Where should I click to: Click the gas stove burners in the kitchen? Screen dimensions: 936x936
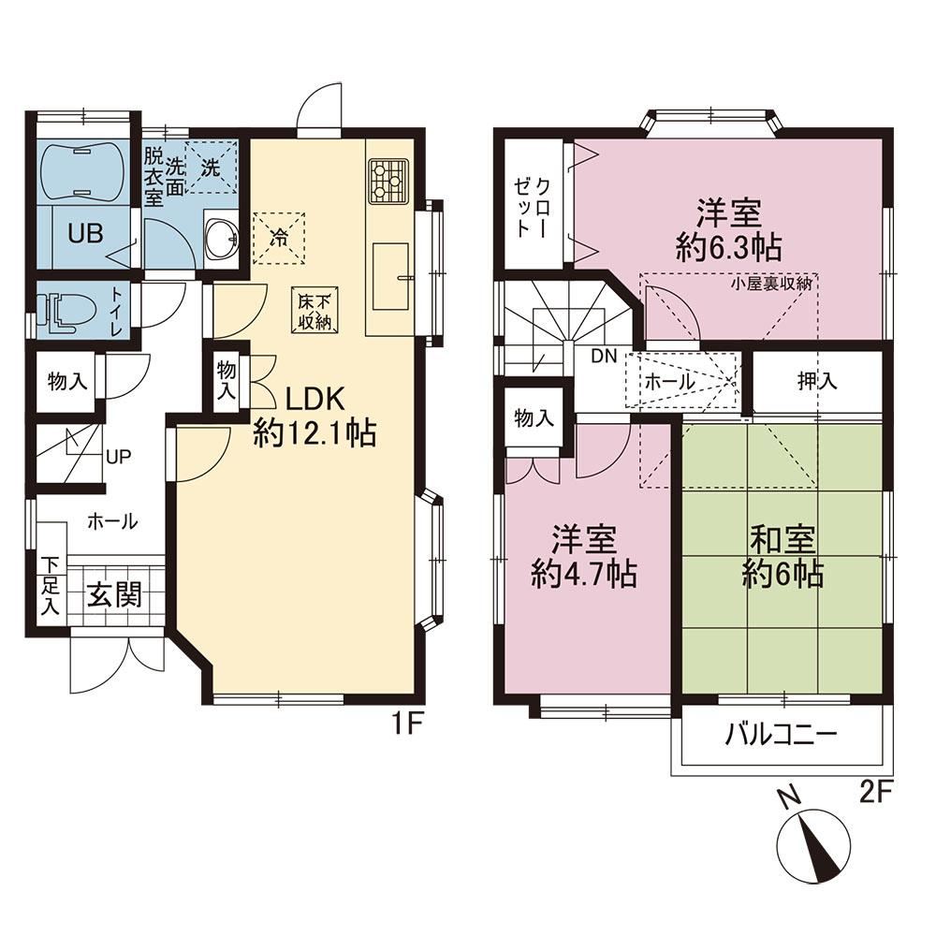pyautogui.click(x=388, y=178)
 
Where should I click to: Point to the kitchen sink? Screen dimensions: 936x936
pyautogui.click(x=391, y=276)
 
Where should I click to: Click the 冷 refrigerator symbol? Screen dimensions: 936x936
pyautogui.click(x=278, y=238)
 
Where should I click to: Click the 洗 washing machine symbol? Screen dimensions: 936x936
pyautogui.click(x=210, y=168)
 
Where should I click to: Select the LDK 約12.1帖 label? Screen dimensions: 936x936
pyautogui.click(x=314, y=417)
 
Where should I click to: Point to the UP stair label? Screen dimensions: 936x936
pyautogui.click(x=118, y=458)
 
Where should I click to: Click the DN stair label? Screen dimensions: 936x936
pyautogui.click(x=604, y=357)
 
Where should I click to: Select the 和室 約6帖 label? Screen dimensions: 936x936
pyautogui.click(x=783, y=558)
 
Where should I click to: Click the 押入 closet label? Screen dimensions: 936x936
pyautogui.click(x=817, y=381)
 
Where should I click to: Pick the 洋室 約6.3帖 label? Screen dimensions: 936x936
pyautogui.click(x=729, y=230)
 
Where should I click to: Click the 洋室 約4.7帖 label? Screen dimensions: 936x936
pyautogui.click(x=584, y=557)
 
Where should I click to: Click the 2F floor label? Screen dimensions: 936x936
pyautogui.click(x=876, y=794)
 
